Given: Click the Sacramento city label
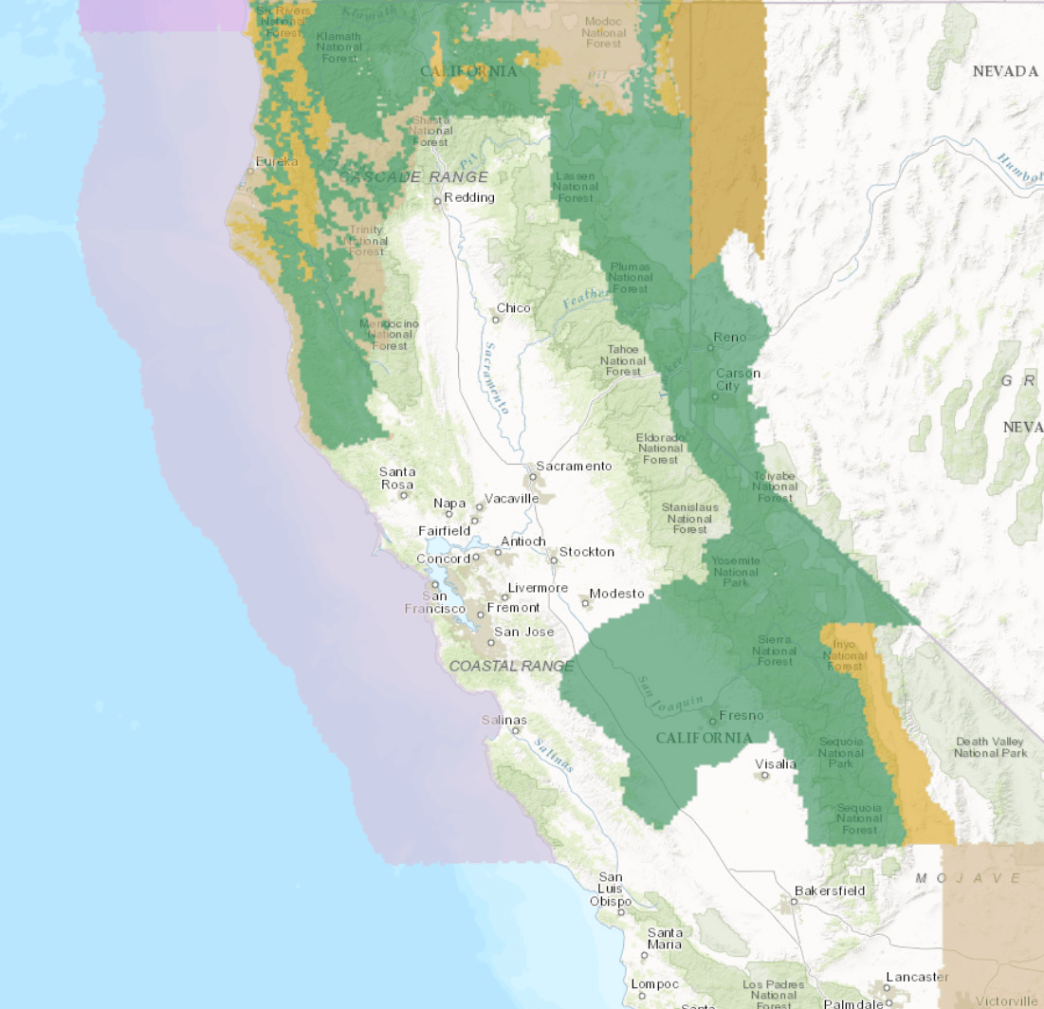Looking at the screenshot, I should pyautogui.click(x=574, y=466).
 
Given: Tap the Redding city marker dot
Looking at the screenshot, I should pyautogui.click(x=438, y=201).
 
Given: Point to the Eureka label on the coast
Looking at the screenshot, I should pyautogui.click(x=276, y=161).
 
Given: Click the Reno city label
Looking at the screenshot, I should pyautogui.click(x=730, y=338).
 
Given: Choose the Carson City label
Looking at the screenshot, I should pyautogui.click(x=738, y=379).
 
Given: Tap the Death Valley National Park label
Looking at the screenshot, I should pyautogui.click(x=990, y=747).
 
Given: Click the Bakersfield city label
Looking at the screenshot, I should pyautogui.click(x=830, y=890).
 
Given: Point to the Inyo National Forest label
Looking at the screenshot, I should pyautogui.click(x=844, y=655).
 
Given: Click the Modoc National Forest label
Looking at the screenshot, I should pyautogui.click(x=603, y=31).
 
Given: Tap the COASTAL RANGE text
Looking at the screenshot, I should pyautogui.click(x=511, y=667).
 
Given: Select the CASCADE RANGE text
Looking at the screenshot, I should pyautogui.click(x=414, y=177).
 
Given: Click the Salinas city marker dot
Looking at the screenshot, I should pyautogui.click(x=516, y=731).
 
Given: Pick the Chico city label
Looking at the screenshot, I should pyautogui.click(x=514, y=308).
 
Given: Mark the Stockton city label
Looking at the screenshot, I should pyautogui.click(x=586, y=551).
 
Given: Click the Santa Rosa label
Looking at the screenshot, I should pyautogui.click(x=396, y=478).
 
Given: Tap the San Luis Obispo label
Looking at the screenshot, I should pyautogui.click(x=611, y=889).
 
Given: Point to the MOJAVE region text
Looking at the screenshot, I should pyautogui.click(x=968, y=878).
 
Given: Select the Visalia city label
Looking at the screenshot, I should pyautogui.click(x=776, y=764).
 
